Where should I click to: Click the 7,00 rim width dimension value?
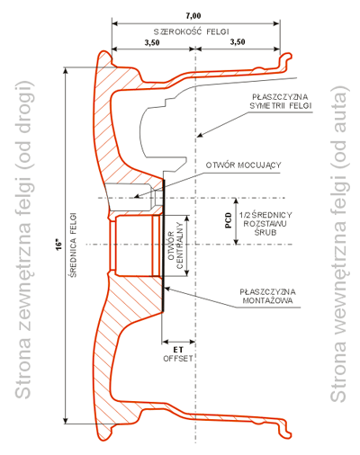pos(193,15)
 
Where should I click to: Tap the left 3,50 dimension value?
pos(152,42)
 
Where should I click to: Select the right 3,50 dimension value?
pos(238,41)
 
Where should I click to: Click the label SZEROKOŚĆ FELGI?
pos(192,31)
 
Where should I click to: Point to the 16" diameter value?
pos(59,245)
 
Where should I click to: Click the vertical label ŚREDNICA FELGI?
pos(73,245)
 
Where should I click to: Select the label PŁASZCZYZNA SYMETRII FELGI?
pos(281,102)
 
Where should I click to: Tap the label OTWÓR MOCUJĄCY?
pos(243,165)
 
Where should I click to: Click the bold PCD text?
pos(229,220)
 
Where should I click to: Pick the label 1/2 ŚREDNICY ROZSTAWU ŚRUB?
pos(265,224)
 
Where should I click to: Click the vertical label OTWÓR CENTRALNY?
pos(175,245)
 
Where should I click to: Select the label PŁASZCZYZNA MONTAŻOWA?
pos(267,296)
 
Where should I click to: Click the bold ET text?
pos(178,350)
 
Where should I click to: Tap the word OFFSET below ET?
pos(178,359)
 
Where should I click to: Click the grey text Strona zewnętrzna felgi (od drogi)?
pos(22,240)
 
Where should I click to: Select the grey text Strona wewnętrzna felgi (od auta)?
pos(339,244)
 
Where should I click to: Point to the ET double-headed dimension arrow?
pos(178,342)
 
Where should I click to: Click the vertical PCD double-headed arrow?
pos(236,221)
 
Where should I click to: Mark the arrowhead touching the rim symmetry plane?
pos(200,135)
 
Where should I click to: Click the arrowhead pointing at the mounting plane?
pos(167,289)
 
